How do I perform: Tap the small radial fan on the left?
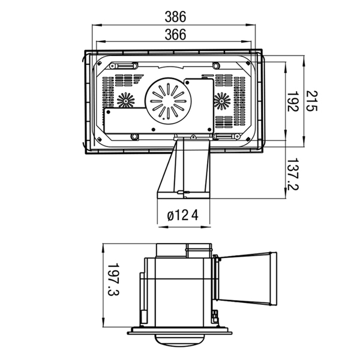(x=127, y=100)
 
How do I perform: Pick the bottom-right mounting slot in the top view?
(x=227, y=137)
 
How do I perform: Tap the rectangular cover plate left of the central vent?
(x=125, y=120)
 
